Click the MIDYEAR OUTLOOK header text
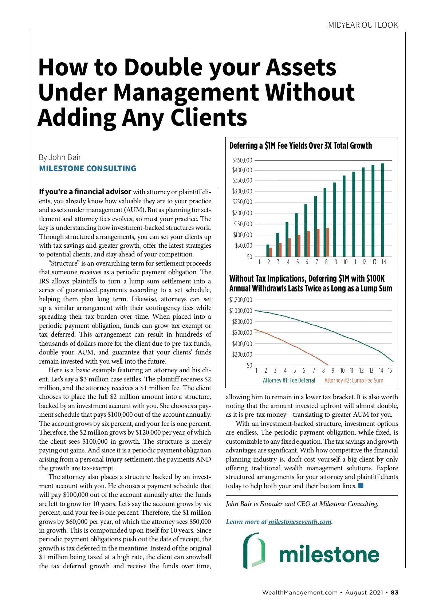tap(363, 25)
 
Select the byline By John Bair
tap(60, 157)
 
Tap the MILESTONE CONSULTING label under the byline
tap(87, 169)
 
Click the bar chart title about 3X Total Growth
tap(300, 146)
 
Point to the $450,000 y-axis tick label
tap(242, 160)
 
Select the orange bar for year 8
tap(328, 242)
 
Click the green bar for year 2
tap(268, 251)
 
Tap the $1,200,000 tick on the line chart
tap(240, 300)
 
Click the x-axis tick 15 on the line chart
tap(390, 370)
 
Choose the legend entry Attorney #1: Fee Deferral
tap(289, 380)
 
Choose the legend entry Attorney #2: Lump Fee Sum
tap(354, 380)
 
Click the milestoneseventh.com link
tap(300, 522)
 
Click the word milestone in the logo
tap(329, 554)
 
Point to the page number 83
tap(394, 592)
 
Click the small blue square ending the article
tap(361, 486)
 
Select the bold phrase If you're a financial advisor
tap(85, 192)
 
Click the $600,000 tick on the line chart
tap(242, 333)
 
